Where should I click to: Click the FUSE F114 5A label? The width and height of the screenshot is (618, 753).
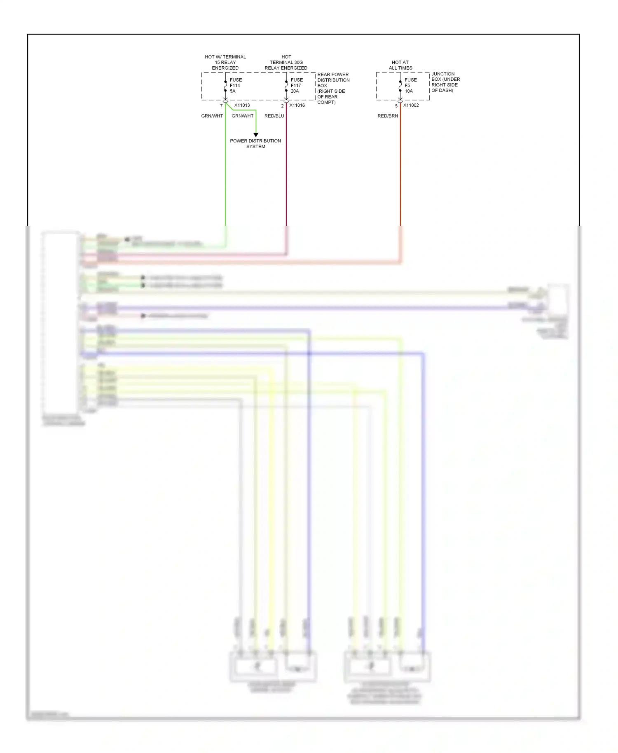coord(235,85)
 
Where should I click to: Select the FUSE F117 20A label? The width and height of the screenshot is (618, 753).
coord(296,85)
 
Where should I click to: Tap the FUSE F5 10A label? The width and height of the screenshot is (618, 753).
coord(410,85)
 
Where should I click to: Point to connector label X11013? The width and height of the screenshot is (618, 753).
coord(242,105)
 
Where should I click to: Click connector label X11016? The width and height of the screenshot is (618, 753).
coord(297,105)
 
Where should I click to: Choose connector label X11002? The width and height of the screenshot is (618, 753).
coord(411,105)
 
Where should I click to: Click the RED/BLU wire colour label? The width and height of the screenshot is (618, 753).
coord(274,116)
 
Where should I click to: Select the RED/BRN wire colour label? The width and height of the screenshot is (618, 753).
coord(388,116)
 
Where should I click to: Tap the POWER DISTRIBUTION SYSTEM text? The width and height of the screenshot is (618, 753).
coord(255,143)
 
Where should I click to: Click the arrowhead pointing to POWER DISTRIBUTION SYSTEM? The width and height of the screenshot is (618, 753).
coord(256,135)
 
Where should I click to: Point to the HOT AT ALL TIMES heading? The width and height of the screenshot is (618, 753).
coord(400,65)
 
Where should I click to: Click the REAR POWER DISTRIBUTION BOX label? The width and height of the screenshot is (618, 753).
coord(333,88)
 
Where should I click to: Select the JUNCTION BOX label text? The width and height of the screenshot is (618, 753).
coord(445,82)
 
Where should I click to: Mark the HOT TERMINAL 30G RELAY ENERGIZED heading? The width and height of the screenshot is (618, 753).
coord(286,62)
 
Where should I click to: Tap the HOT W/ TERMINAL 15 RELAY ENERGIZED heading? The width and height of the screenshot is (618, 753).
coord(225,62)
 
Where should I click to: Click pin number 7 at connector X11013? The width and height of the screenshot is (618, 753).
coord(221,106)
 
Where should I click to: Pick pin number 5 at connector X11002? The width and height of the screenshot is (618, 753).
coord(396,106)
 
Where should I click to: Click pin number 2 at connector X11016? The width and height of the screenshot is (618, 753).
coord(282,106)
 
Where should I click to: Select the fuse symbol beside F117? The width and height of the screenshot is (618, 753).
coord(286,86)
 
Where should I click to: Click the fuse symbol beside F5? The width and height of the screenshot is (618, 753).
coord(400,86)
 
